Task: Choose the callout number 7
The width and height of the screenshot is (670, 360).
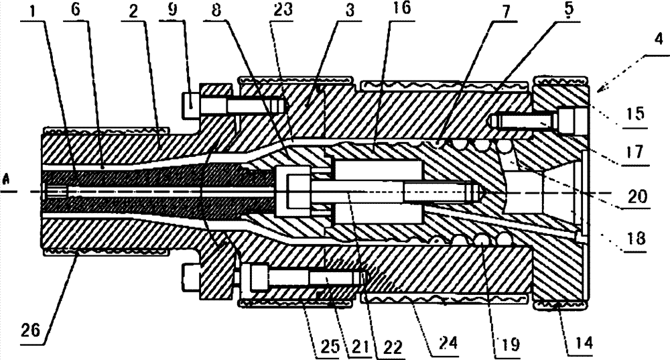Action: pyautogui.click(x=484, y=13)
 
